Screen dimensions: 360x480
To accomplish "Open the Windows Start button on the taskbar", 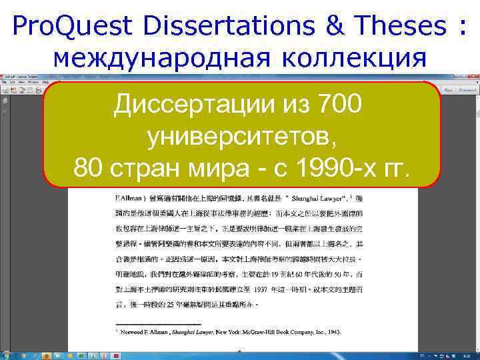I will coord(7,354).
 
